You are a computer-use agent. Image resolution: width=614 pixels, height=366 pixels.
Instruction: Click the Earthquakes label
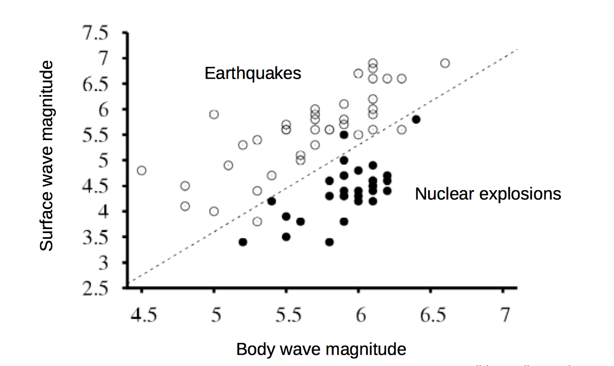tap(253, 74)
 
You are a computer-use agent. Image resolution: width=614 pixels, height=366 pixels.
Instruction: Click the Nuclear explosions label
tap(488, 194)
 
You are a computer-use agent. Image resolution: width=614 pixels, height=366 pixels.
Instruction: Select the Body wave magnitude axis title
tap(321, 350)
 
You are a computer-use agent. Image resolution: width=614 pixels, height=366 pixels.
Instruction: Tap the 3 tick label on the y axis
tap(104, 263)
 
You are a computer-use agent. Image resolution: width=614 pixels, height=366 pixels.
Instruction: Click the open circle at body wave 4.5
tap(142, 170)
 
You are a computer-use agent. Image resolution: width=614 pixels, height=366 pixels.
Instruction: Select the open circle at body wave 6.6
tap(445, 63)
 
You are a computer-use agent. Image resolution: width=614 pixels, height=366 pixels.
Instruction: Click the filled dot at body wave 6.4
tap(416, 119)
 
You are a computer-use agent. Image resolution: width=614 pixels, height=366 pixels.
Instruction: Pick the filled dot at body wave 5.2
tap(243, 242)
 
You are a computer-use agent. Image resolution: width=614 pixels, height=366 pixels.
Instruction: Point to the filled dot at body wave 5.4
tap(272, 201)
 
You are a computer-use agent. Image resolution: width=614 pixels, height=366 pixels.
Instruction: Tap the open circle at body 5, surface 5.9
tap(214, 114)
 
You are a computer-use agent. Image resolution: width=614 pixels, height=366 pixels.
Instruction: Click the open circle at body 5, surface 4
tap(214, 211)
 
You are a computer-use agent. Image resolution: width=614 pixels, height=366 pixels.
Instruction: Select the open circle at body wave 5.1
tap(228, 165)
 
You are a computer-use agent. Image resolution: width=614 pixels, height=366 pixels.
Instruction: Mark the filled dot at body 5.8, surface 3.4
tap(329, 242)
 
